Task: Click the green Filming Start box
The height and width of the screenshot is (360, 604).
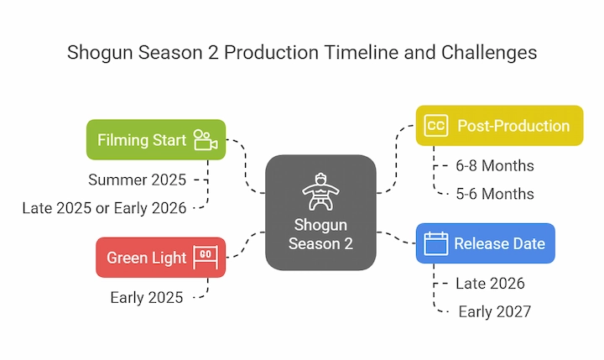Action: (x=156, y=139)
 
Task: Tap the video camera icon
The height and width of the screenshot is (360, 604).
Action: (x=206, y=139)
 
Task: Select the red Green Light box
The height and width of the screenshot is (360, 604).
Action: (x=160, y=258)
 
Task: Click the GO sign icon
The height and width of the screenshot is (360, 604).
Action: (x=206, y=257)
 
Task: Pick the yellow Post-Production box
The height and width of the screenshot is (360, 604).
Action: (x=500, y=126)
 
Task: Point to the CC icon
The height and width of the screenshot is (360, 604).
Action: (x=435, y=126)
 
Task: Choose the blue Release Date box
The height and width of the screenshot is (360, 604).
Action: (x=486, y=243)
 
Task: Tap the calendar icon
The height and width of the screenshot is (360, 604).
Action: (x=435, y=243)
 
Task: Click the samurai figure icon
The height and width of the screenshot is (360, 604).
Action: (x=320, y=191)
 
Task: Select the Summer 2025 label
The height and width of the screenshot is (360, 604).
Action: (x=137, y=180)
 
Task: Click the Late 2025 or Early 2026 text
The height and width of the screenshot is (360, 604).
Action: (x=104, y=208)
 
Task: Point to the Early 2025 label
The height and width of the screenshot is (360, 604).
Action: (x=146, y=298)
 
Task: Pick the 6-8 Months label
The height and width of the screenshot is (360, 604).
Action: (x=495, y=166)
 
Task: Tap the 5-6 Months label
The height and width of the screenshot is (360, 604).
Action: (x=495, y=194)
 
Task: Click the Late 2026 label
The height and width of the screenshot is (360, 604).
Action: (x=490, y=284)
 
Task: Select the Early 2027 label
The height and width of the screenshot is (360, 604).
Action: (x=495, y=311)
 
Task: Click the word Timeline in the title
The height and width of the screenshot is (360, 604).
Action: (x=361, y=52)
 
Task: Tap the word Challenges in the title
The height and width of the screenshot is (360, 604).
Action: (x=489, y=53)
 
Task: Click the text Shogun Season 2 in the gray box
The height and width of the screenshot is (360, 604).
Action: (x=320, y=234)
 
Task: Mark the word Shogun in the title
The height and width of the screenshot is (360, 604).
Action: (x=100, y=53)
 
